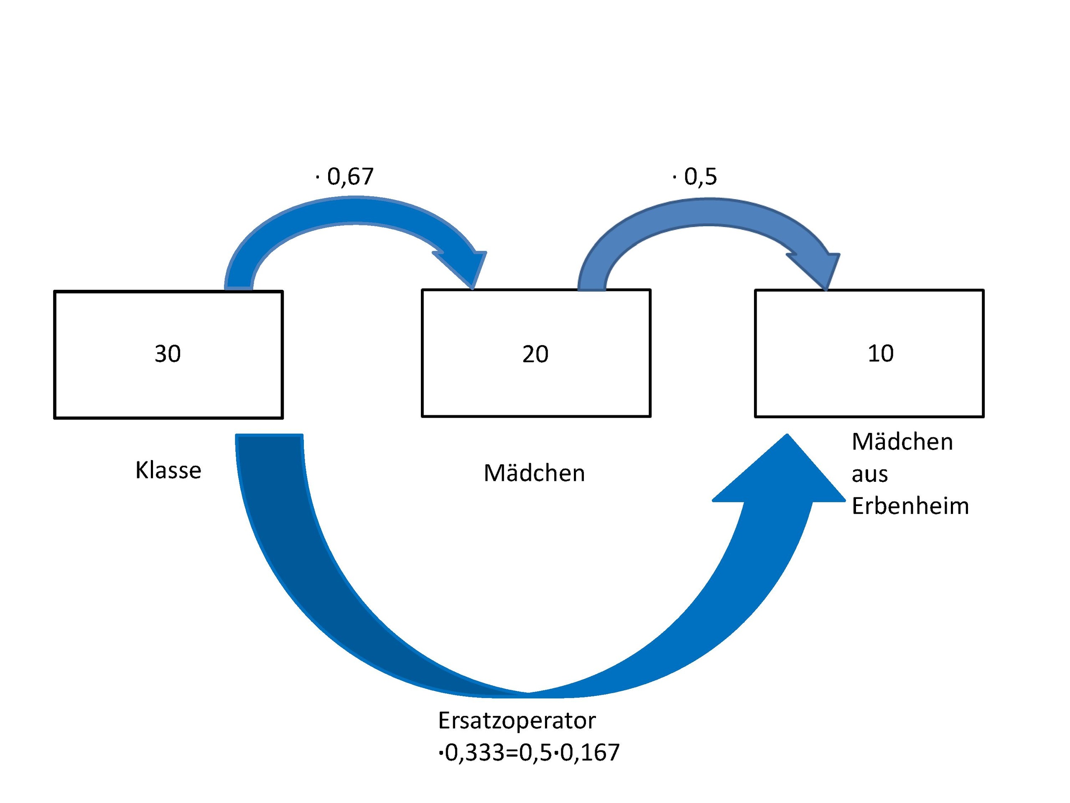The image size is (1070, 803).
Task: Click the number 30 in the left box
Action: click(x=167, y=354)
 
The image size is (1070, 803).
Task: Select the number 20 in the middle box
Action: click(x=535, y=354)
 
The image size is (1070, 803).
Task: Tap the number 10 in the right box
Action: click(x=880, y=353)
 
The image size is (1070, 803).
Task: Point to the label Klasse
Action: click(x=168, y=470)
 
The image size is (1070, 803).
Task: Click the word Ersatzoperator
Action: click(x=516, y=720)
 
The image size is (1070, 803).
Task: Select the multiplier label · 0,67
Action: click(x=345, y=176)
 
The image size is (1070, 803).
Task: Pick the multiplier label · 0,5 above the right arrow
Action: click(x=695, y=176)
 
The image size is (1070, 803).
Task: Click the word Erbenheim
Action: click(x=910, y=506)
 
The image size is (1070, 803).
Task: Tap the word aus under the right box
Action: click(x=869, y=474)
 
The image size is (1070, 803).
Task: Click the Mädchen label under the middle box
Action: click(x=534, y=473)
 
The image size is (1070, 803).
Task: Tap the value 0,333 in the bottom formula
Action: click(x=474, y=753)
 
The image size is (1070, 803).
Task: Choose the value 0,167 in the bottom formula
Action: click(x=590, y=753)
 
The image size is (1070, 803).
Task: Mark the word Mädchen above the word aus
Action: click(x=902, y=442)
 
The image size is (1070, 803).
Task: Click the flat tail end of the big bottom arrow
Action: click(x=269, y=437)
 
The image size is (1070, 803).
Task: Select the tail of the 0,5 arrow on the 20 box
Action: click(x=591, y=286)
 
